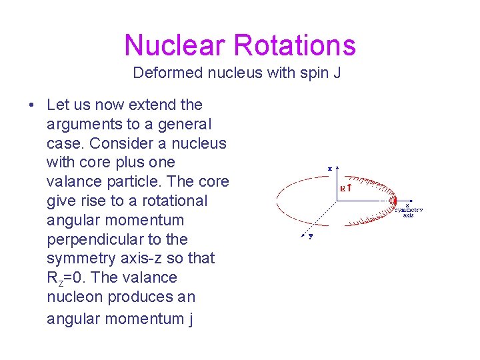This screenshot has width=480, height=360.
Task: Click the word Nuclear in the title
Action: point(175,45)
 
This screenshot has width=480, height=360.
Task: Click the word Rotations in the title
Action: point(294,45)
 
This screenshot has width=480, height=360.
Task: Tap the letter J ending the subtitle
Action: point(337,73)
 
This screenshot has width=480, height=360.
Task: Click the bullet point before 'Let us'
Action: point(31,105)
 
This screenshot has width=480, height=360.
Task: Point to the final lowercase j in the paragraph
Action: point(190,319)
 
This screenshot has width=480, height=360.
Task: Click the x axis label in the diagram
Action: point(330,168)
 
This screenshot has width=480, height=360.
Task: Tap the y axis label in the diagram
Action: point(311,235)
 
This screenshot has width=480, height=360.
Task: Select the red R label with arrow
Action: point(347,188)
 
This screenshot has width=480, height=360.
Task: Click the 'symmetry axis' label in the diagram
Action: point(408,211)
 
